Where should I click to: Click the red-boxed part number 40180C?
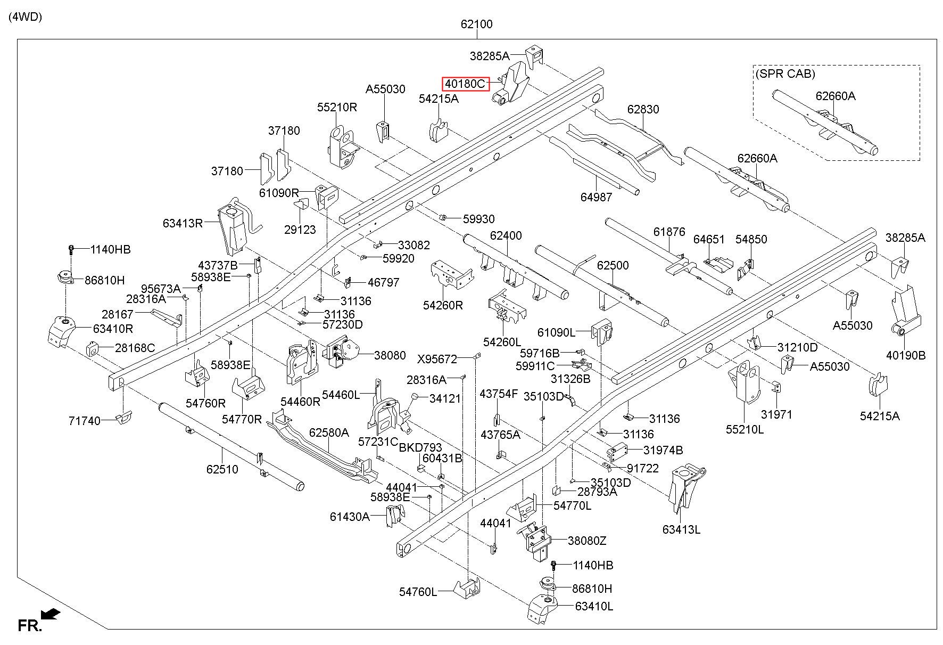point(466,84)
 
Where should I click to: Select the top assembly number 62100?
point(477,24)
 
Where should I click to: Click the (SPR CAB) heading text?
point(785,74)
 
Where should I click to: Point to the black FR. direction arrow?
point(51,614)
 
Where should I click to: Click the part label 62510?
point(222,469)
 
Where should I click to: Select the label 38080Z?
point(587,541)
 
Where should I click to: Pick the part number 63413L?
point(681,529)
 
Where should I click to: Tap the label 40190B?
point(906,355)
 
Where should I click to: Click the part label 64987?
point(596,197)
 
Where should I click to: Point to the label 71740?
point(85,421)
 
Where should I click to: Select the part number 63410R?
point(113,329)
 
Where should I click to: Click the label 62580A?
point(329,432)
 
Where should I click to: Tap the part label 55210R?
point(337,107)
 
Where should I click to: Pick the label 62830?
point(643,109)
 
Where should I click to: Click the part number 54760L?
point(418,592)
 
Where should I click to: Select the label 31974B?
point(663,450)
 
